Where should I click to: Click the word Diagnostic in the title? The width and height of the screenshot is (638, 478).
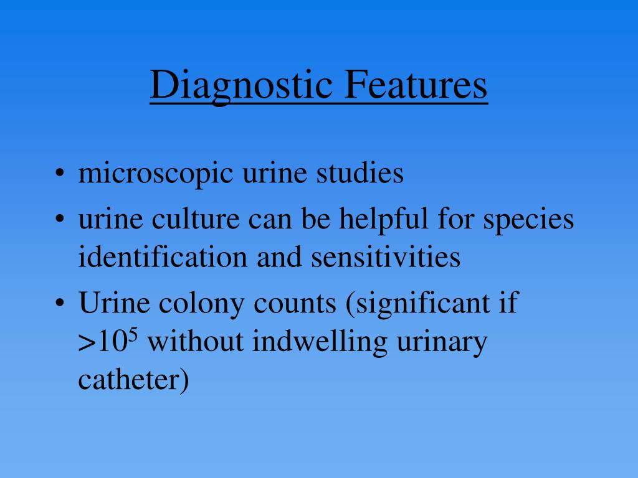[242, 85]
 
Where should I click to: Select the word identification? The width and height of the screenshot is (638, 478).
[162, 256]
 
